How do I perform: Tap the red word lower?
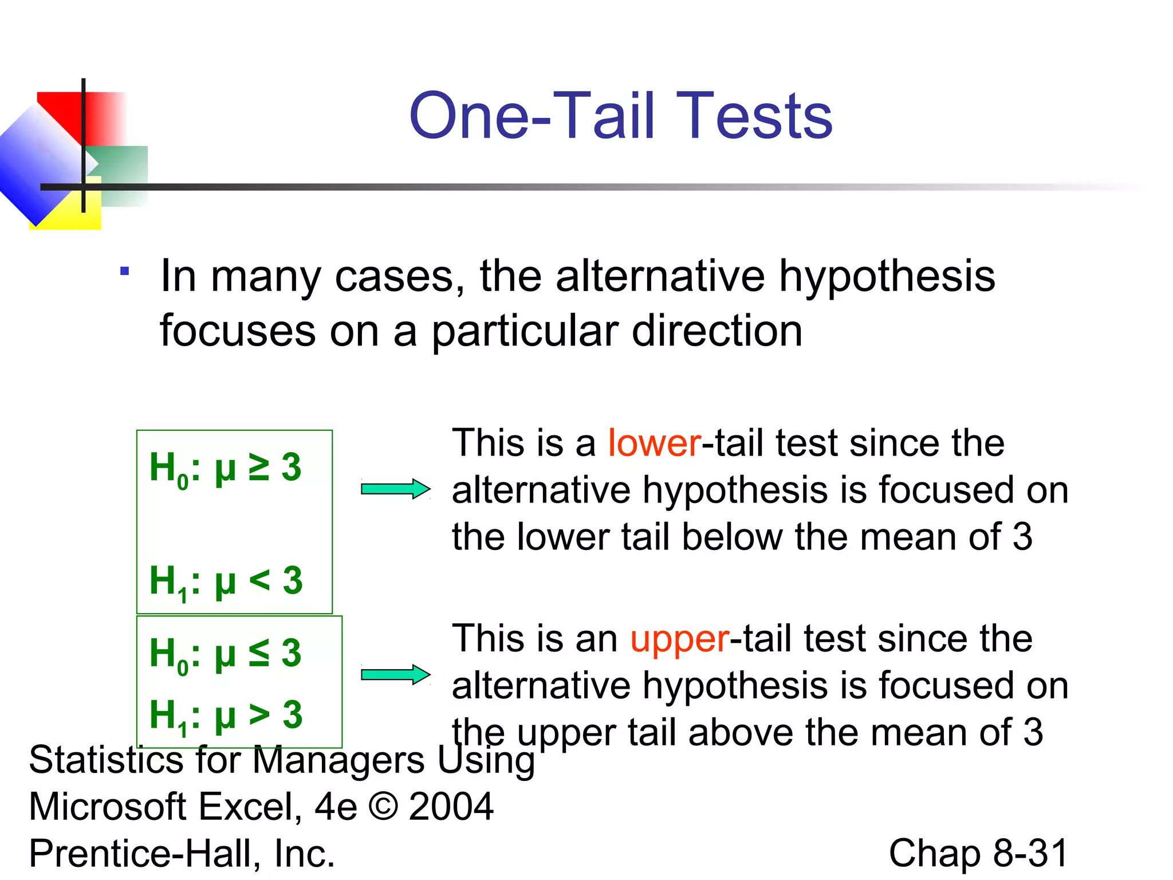click(x=654, y=443)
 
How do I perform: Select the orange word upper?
click(x=680, y=639)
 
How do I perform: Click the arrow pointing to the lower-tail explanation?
click(x=395, y=489)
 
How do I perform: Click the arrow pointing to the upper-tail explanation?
click(x=395, y=674)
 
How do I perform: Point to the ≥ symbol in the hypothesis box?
click(x=259, y=466)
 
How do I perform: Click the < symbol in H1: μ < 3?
click(x=259, y=580)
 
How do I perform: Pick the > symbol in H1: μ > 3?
click(x=259, y=714)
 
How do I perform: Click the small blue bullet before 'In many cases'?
click(x=124, y=271)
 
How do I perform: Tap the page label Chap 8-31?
click(x=978, y=853)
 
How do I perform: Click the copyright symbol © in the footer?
click(x=383, y=806)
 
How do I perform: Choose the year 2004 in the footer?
click(x=451, y=806)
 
